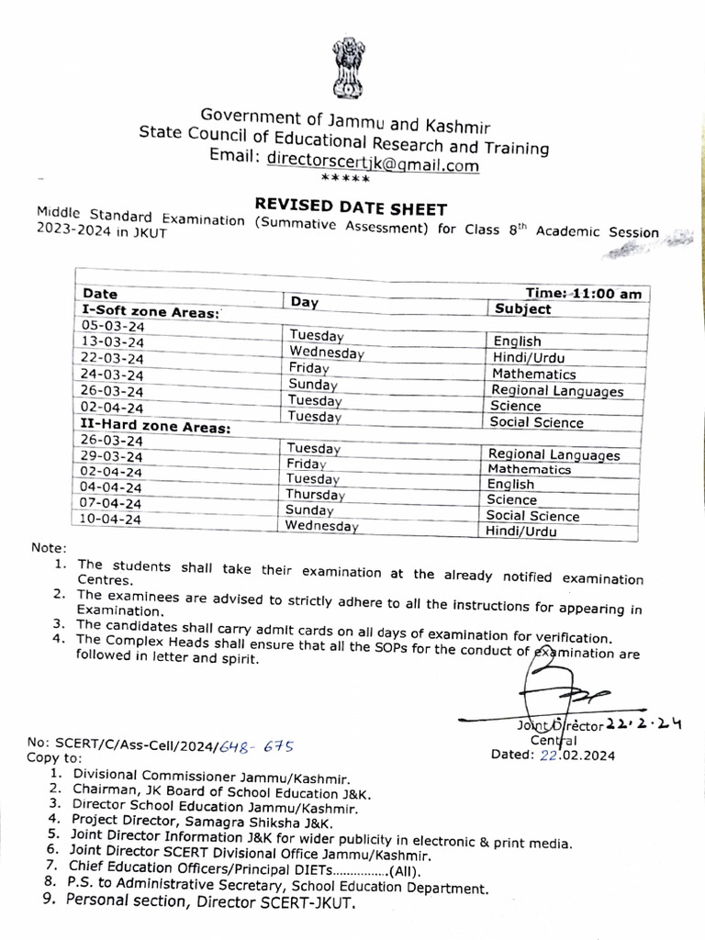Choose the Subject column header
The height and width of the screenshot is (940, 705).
click(x=521, y=309)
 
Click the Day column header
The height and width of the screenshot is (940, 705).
click(x=304, y=301)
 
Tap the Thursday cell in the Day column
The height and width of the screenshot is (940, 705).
click(x=315, y=494)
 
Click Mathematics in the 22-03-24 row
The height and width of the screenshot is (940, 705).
click(x=533, y=374)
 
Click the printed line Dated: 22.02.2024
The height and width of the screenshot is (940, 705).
click(x=554, y=755)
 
